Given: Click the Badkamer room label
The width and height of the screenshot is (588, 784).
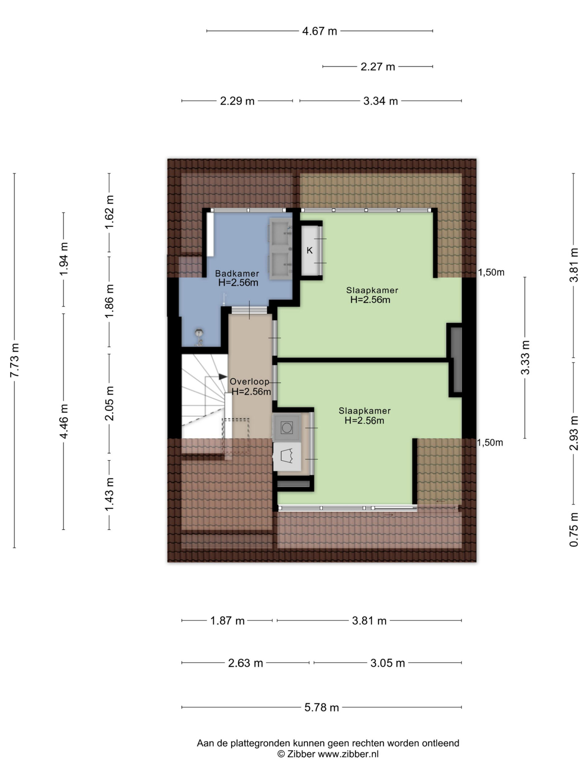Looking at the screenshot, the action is click(237, 273).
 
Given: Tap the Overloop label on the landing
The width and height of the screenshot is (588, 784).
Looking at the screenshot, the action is click(249, 381).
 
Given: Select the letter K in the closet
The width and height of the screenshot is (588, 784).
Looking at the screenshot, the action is click(309, 250).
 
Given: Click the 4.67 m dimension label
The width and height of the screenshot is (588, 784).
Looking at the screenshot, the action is click(319, 31).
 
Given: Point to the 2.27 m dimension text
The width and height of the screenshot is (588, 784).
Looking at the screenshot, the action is click(378, 67).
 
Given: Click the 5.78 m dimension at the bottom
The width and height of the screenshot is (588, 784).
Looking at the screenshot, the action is click(322, 707).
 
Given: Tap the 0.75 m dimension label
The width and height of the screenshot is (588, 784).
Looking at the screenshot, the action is click(574, 530).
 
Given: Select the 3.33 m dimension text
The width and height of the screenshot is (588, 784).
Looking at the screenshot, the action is click(525, 357).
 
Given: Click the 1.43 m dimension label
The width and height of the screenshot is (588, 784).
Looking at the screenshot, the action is click(109, 494).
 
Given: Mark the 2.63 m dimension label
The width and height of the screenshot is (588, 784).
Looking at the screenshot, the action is click(245, 663).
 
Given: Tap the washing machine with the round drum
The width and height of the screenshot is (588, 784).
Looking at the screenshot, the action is click(286, 428).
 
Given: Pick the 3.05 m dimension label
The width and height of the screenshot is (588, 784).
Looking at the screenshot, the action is click(387, 663).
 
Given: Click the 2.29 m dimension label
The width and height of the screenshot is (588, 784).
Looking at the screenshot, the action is click(237, 101).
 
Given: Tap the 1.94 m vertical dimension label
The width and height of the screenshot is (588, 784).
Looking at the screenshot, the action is click(64, 259).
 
